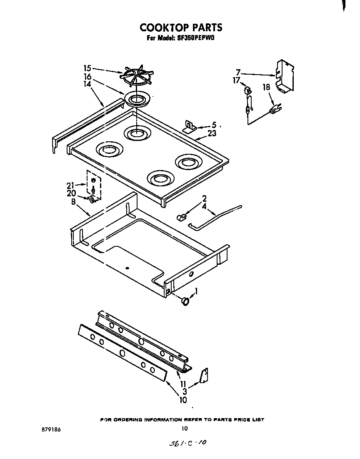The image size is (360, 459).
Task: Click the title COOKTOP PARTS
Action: coord(181,28)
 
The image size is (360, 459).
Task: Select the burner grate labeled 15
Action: coord(136,76)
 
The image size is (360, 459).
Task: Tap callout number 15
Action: coord(87,68)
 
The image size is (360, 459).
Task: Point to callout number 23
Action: coord(212,134)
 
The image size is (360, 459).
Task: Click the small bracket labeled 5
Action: coord(190,127)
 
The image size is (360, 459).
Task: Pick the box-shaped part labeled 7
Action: coord(285,76)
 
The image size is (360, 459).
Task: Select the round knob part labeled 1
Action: coord(185,301)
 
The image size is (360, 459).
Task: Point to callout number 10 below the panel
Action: coord(183,400)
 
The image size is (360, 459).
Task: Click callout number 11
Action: coord(183,384)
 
